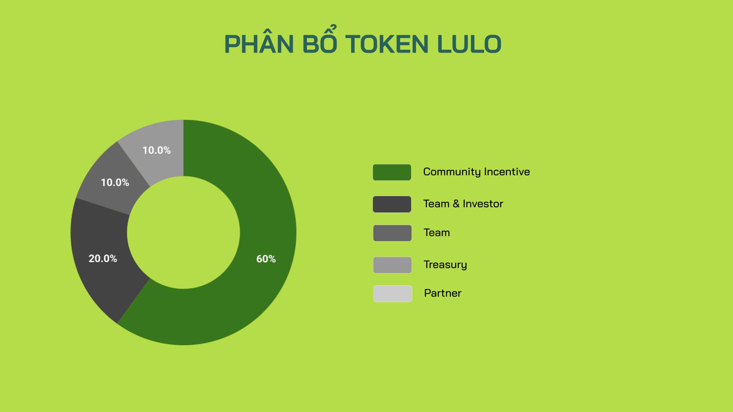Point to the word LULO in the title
(x=469, y=44)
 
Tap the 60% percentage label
(x=266, y=259)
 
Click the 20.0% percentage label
(x=103, y=259)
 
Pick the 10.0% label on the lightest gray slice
(x=157, y=150)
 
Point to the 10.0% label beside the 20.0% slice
(x=115, y=183)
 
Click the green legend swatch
(x=392, y=172)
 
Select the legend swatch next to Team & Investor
(x=392, y=204)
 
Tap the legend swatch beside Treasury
(x=392, y=265)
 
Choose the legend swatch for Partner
(x=392, y=294)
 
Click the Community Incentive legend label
(x=476, y=172)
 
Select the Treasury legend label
(x=445, y=265)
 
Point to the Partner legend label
(x=442, y=293)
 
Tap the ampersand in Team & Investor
(x=456, y=204)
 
